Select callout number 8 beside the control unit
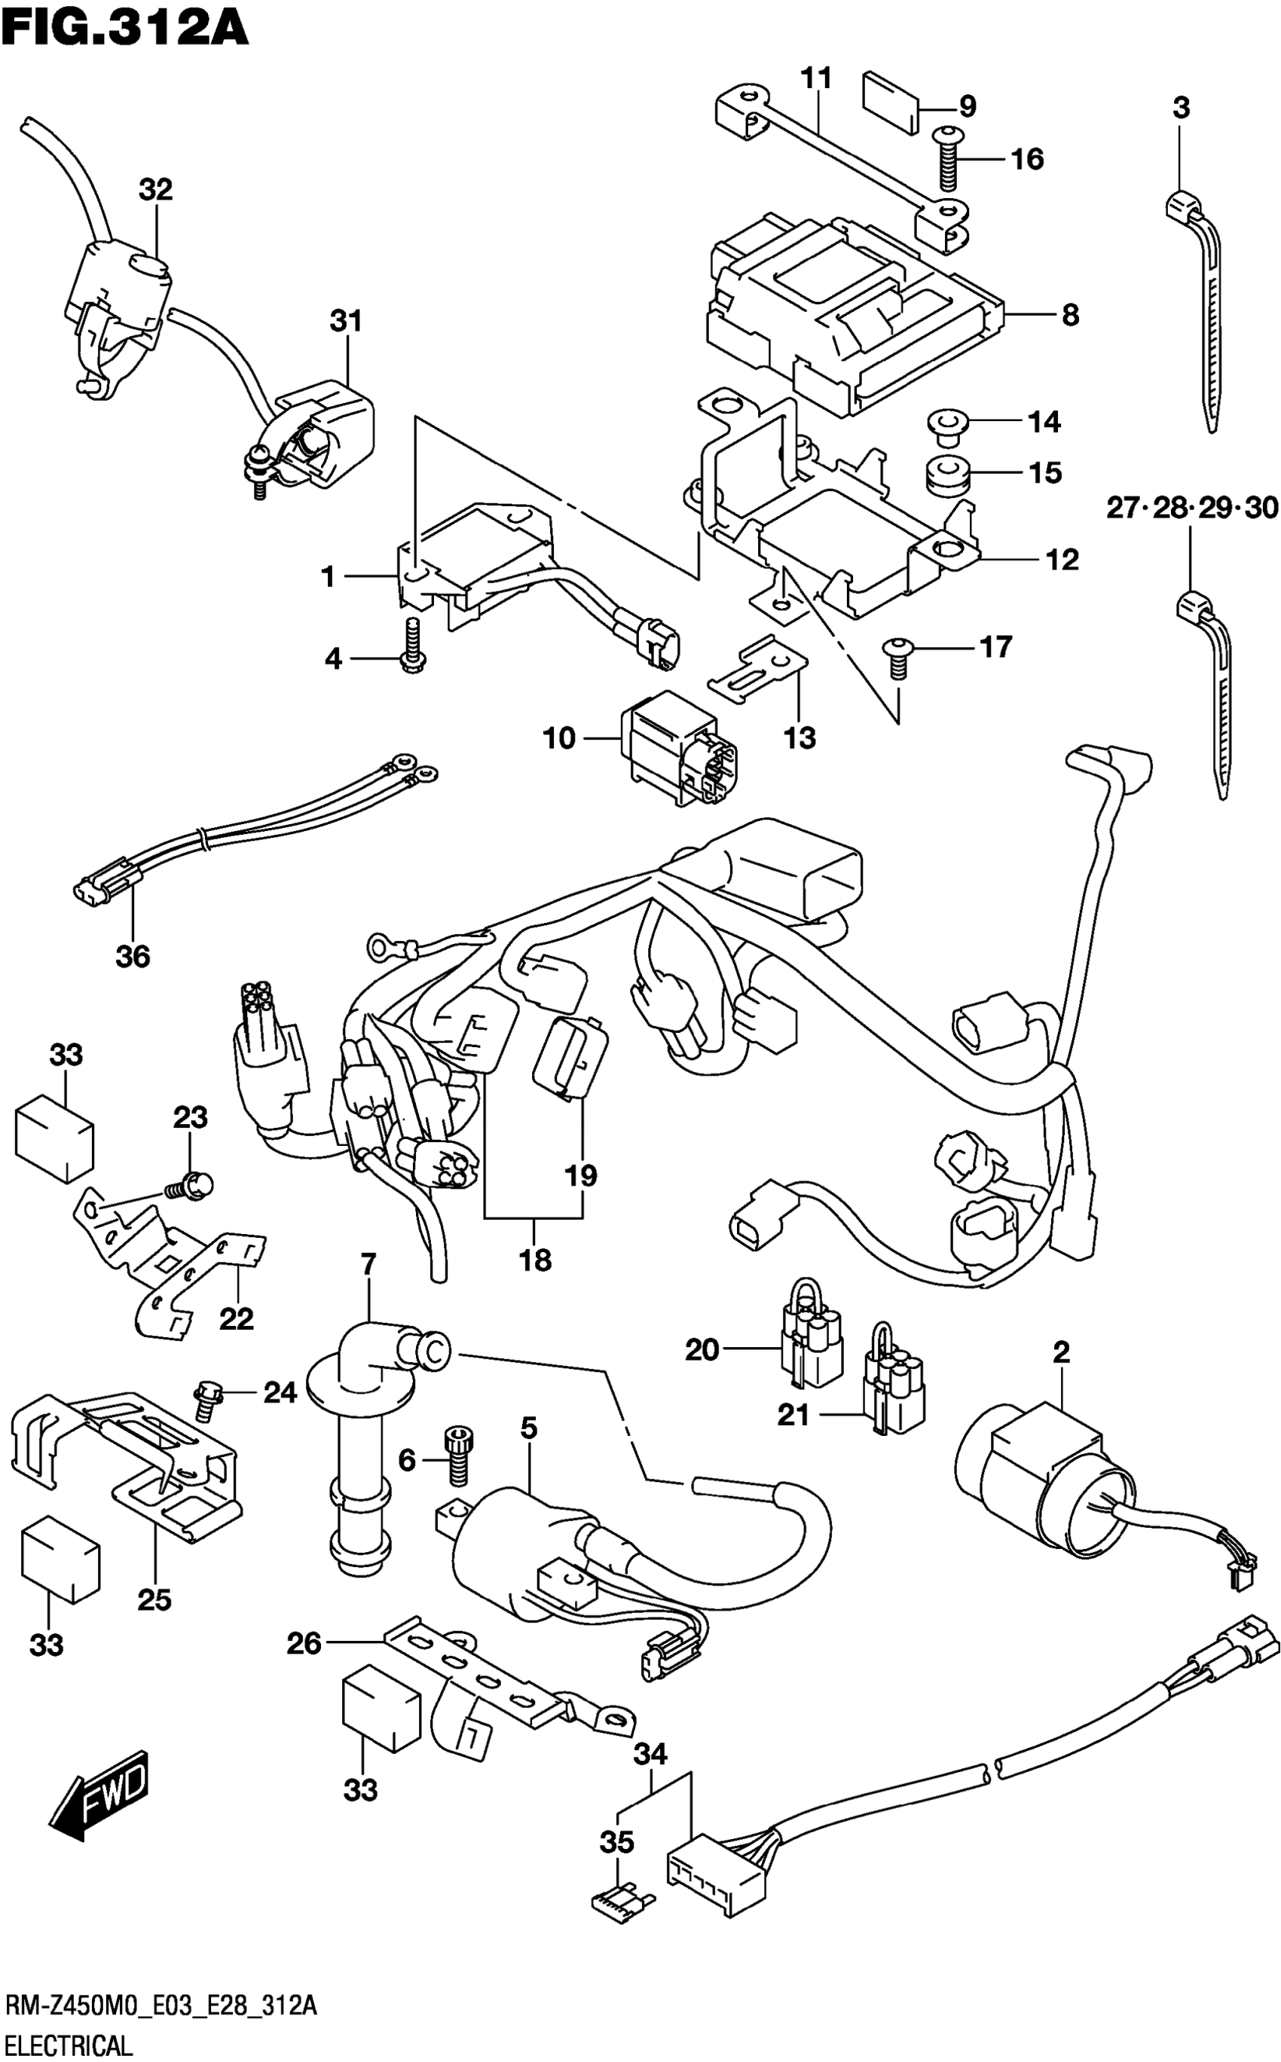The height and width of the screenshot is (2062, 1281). tap(1070, 316)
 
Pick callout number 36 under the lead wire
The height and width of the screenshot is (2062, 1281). tap(133, 956)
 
